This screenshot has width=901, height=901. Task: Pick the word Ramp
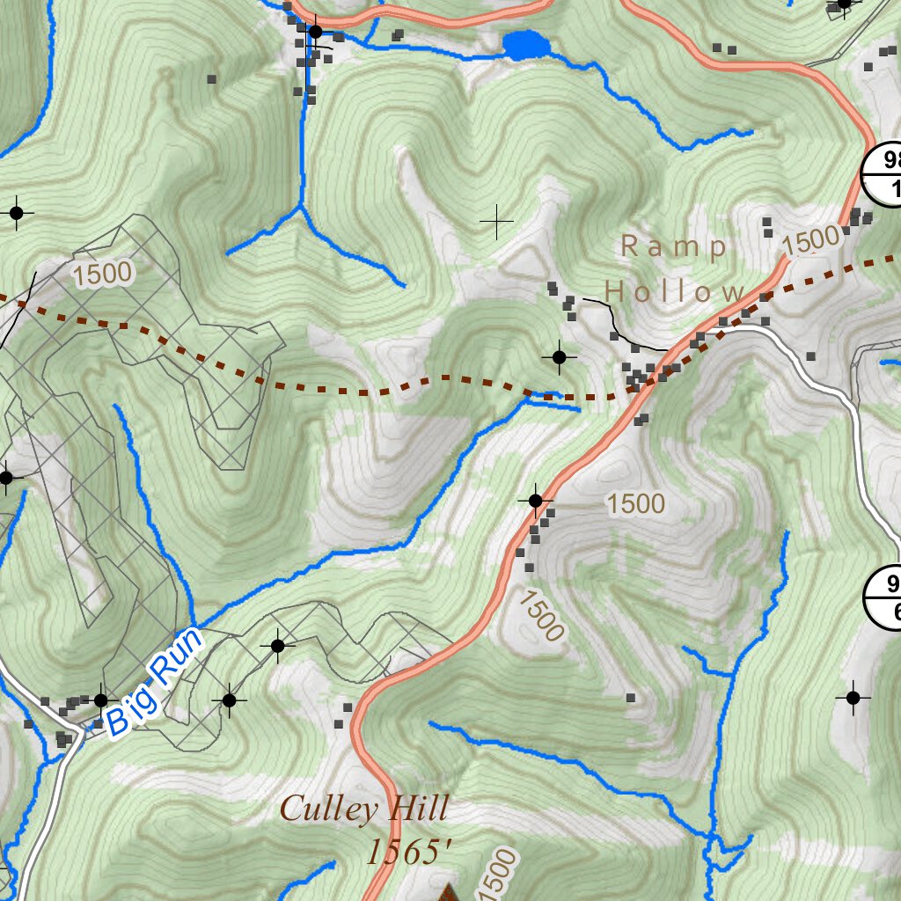click(674, 247)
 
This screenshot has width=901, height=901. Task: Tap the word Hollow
click(675, 291)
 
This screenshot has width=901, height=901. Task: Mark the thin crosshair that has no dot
click(497, 222)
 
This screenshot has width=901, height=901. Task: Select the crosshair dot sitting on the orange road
click(535, 501)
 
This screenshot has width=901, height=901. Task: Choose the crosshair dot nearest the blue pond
click(315, 33)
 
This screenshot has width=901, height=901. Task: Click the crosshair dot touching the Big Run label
click(100, 700)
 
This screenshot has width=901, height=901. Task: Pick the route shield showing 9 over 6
click(887, 598)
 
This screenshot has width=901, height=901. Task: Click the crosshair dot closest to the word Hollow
click(559, 356)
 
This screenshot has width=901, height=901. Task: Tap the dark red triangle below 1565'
click(450, 893)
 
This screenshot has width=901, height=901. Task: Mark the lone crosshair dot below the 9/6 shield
click(852, 697)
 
